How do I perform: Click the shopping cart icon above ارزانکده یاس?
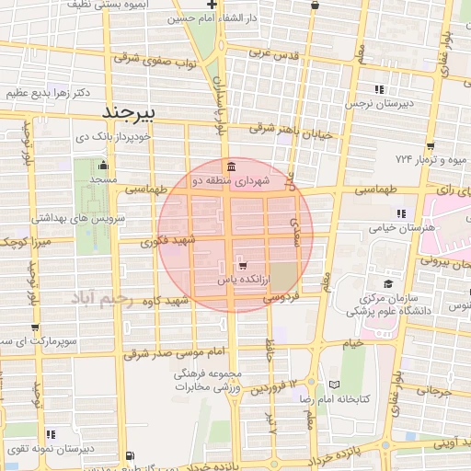point(242,265)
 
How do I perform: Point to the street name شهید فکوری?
point(169,241)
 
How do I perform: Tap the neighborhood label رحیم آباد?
point(102,301)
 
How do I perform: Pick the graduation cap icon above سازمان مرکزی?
point(388,283)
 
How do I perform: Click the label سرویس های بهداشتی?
point(72,218)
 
